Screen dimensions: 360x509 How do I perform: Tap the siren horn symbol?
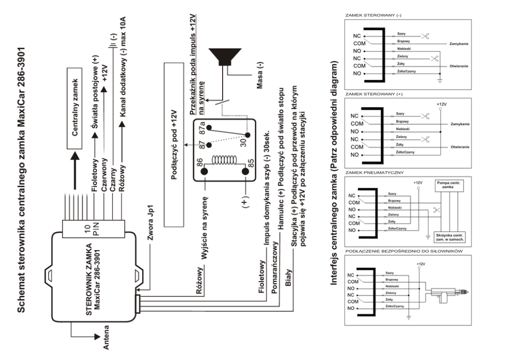(x=226, y=58)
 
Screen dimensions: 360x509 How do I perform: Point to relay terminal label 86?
(x=195, y=167)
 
